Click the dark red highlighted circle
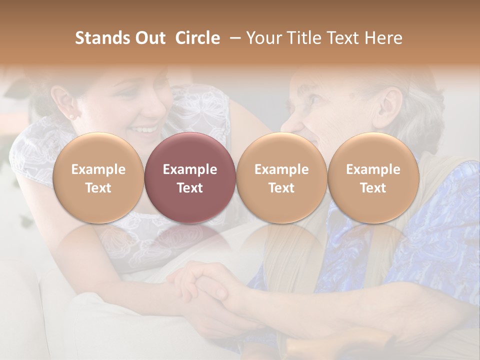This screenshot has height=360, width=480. click(190, 178)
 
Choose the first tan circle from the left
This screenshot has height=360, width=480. click(98, 178)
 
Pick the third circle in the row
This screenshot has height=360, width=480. click(281, 178)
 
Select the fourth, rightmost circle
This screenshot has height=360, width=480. click(373, 178)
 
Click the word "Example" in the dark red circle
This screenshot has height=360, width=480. click(190, 169)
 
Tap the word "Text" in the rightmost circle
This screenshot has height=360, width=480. click(373, 188)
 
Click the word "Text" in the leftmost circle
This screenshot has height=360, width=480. click(98, 188)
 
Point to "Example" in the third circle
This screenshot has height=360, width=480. click(281, 169)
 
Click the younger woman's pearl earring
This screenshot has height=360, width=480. click(70, 116)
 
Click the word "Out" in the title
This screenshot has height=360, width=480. click(149, 38)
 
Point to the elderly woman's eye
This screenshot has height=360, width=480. click(316, 98)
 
